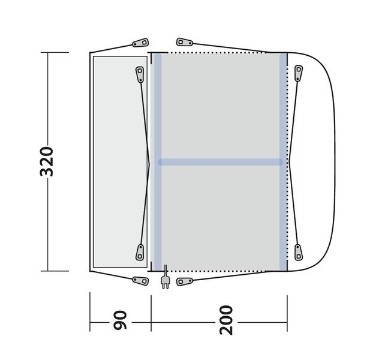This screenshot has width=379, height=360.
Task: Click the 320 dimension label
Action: point(46,161)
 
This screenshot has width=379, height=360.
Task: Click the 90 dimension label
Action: point(120,320)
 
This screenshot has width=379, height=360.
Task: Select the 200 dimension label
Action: point(226,320)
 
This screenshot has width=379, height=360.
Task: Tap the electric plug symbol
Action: point(166,277)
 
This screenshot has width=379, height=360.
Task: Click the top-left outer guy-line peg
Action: point(140,43)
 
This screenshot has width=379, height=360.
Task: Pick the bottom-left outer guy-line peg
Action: point(140,281)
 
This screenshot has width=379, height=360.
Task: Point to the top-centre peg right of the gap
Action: point(185,42)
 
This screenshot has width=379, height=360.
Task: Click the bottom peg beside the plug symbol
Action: point(185,281)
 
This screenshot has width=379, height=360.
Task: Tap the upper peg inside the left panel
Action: point(140,74)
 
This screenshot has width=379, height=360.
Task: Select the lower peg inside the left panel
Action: point(140,253)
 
